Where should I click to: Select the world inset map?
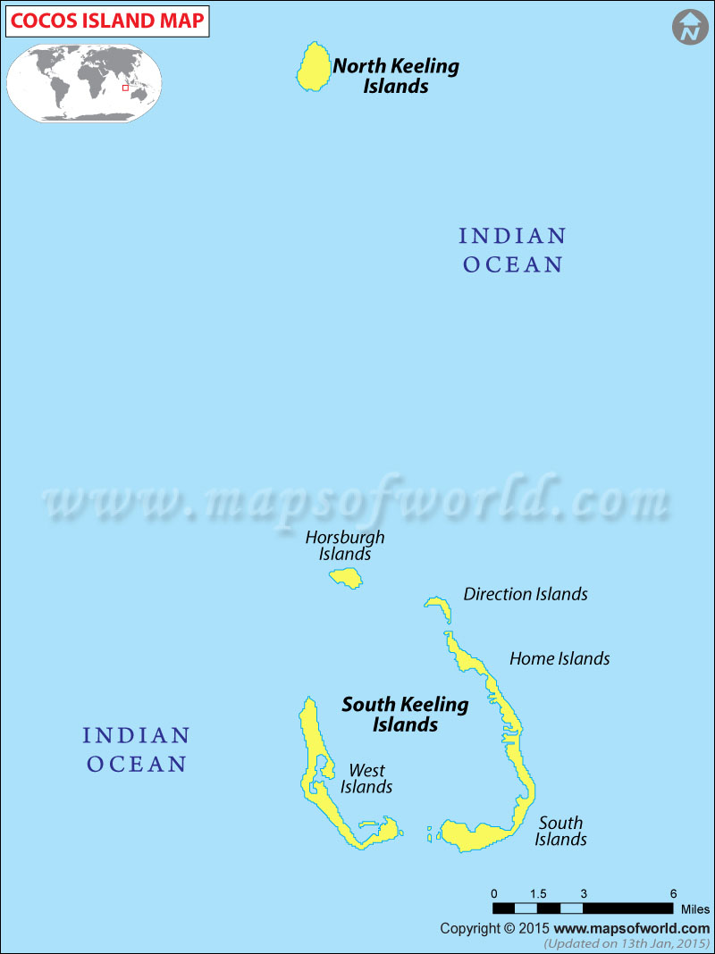85,82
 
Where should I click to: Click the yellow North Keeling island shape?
312,67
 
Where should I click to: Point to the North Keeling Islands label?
396,76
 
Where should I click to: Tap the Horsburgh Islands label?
345,546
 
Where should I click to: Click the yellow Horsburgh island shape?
346,578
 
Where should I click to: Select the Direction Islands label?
526,594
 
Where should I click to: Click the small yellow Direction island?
439,605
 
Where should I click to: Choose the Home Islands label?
559,658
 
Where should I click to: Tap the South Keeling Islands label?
405,714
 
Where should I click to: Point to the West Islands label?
366,778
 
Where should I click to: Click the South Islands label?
561,831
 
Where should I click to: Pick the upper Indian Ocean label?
513,250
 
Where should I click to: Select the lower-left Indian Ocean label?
136,749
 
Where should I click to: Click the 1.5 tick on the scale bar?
538,893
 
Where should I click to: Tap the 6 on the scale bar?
673,893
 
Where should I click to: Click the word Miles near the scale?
694,909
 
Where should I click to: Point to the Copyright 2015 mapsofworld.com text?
575,929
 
